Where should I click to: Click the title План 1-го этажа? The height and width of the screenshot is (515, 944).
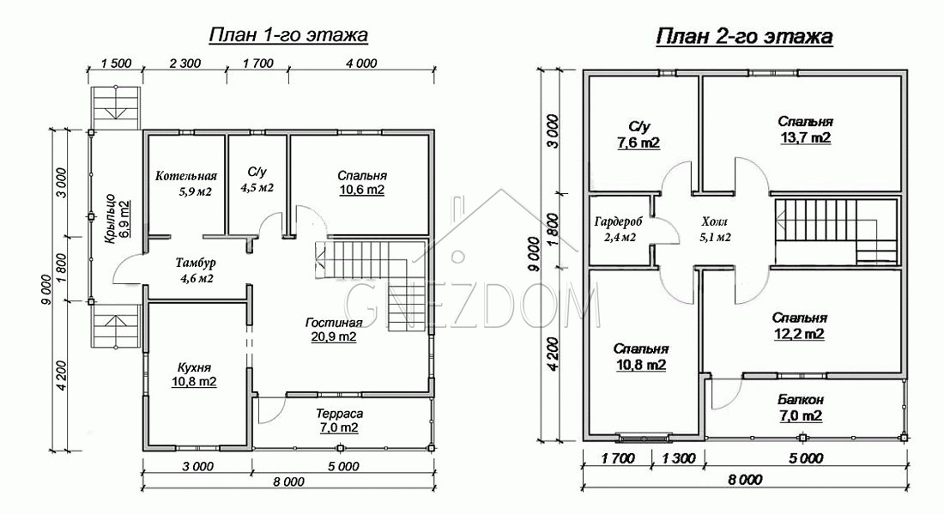[288, 35]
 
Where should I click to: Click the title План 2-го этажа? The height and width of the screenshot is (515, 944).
[744, 36]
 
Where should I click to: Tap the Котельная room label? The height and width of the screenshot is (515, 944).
[185, 176]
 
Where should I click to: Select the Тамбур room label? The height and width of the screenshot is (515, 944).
[196, 264]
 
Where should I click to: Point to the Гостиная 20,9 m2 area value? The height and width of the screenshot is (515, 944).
[334, 336]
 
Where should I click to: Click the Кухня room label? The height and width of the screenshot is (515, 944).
[195, 367]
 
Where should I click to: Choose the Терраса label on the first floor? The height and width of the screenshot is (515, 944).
[340, 414]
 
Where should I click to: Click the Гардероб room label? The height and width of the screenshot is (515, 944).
[618, 221]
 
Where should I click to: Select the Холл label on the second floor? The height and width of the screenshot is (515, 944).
[715, 221]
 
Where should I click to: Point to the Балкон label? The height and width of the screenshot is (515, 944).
[801, 400]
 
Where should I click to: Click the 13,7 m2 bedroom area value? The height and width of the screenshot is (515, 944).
[806, 138]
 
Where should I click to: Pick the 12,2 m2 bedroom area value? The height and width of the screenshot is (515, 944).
[799, 334]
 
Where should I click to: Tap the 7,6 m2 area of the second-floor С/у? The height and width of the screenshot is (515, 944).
[638, 143]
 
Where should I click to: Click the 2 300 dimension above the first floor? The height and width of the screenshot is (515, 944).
[185, 64]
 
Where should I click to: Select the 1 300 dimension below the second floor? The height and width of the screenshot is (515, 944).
[679, 458]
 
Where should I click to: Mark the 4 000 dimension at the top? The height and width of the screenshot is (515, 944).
[361, 64]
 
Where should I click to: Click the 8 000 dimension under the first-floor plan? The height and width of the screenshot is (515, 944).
[288, 482]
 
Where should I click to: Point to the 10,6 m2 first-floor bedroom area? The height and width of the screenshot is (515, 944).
[361, 191]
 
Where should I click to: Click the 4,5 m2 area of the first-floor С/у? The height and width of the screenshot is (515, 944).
[257, 188]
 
